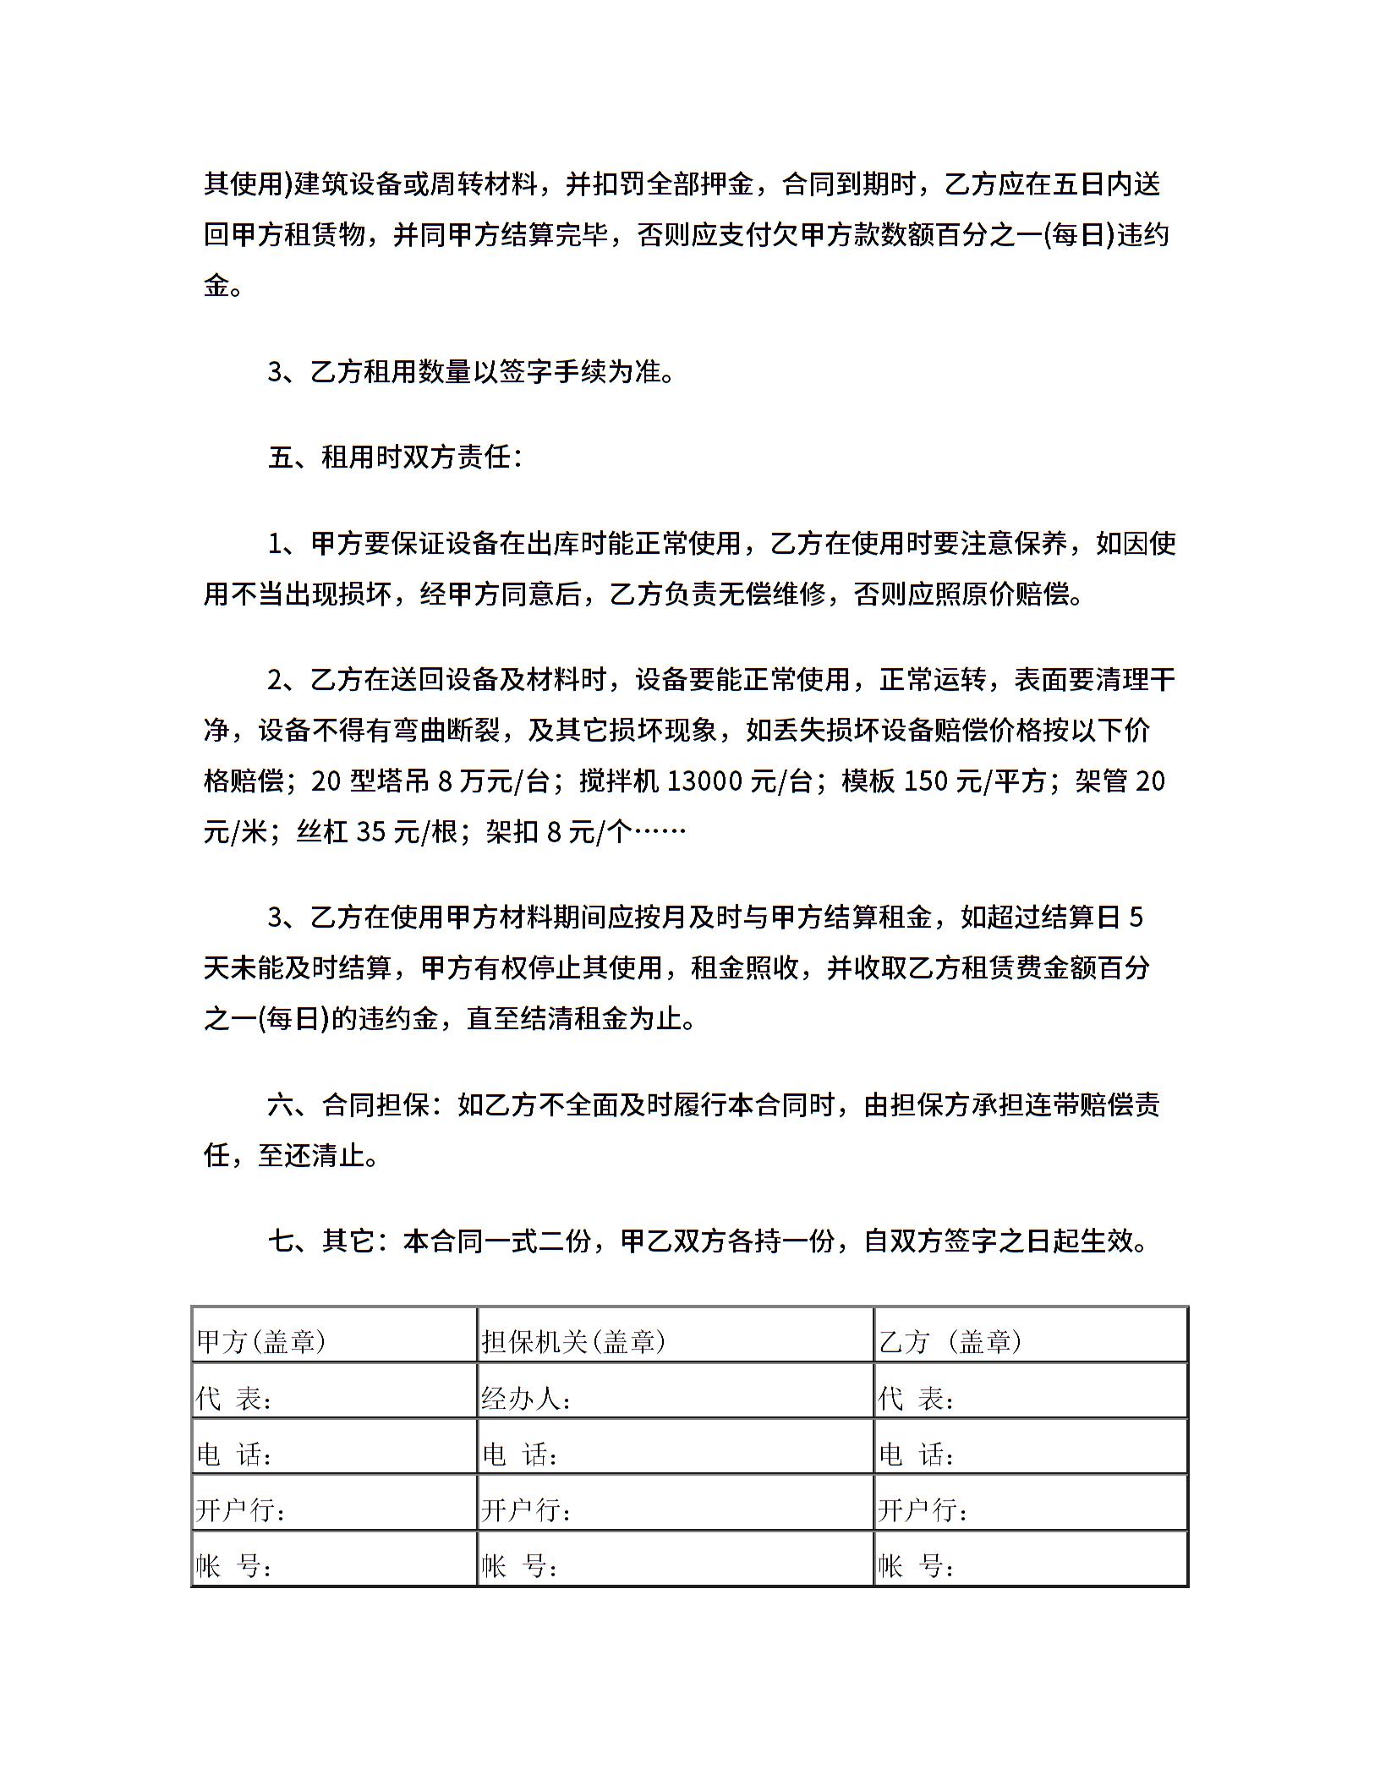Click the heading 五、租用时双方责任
point(395,457)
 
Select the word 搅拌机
point(619,781)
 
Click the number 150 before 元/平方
point(926,781)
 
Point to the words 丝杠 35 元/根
point(376,832)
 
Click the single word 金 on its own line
point(217,285)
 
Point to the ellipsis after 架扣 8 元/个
point(660,832)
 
